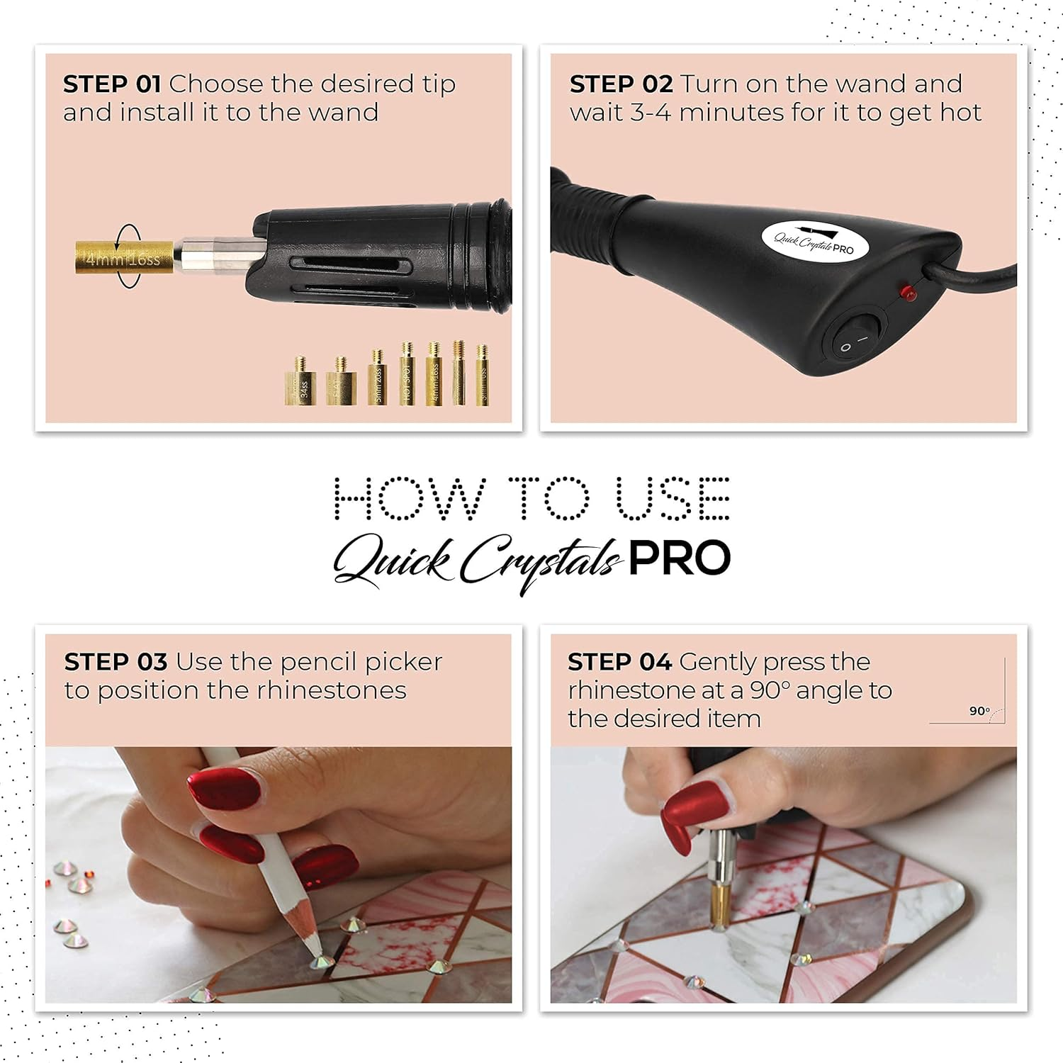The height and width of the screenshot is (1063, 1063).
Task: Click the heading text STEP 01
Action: point(112,84)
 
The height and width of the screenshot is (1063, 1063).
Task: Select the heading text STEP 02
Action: point(621,84)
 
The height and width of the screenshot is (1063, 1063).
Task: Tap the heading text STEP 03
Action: point(116,662)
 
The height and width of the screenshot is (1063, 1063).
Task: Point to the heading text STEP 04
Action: point(619,662)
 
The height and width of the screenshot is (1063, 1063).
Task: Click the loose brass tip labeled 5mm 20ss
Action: point(378,379)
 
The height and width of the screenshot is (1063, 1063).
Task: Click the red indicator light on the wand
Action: point(907,291)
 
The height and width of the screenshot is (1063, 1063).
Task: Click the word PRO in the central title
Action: point(679,558)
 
